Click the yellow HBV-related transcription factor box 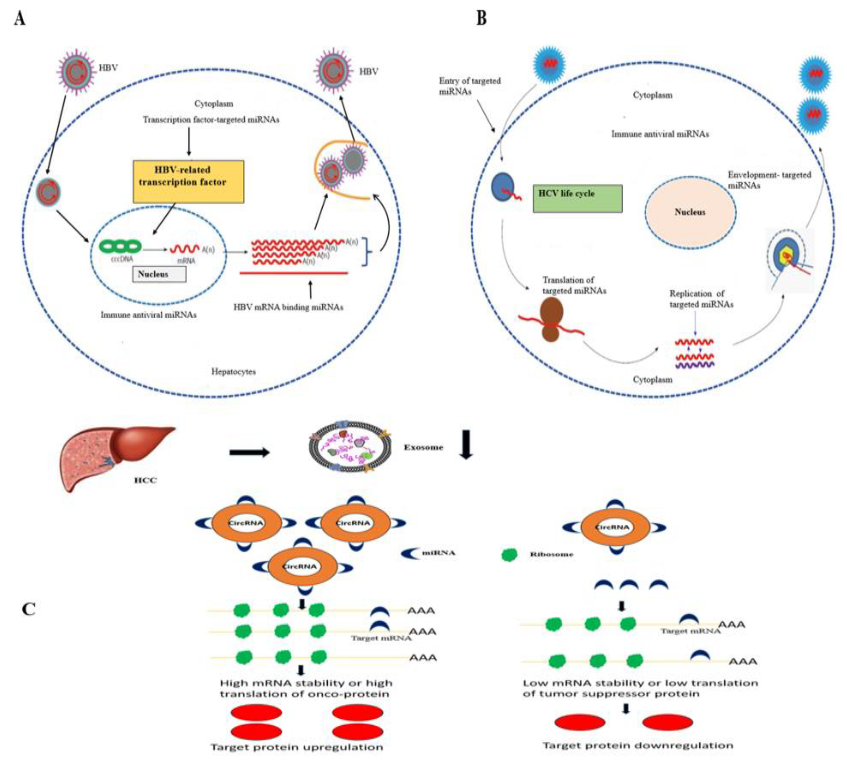point(188,181)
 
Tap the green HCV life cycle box point(577,198)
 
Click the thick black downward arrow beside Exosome point(466,447)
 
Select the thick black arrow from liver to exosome point(249,452)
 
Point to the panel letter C point(28,609)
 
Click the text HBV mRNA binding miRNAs point(288,307)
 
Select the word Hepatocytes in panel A point(233,371)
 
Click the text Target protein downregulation point(638,745)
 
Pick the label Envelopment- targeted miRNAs point(769,180)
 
